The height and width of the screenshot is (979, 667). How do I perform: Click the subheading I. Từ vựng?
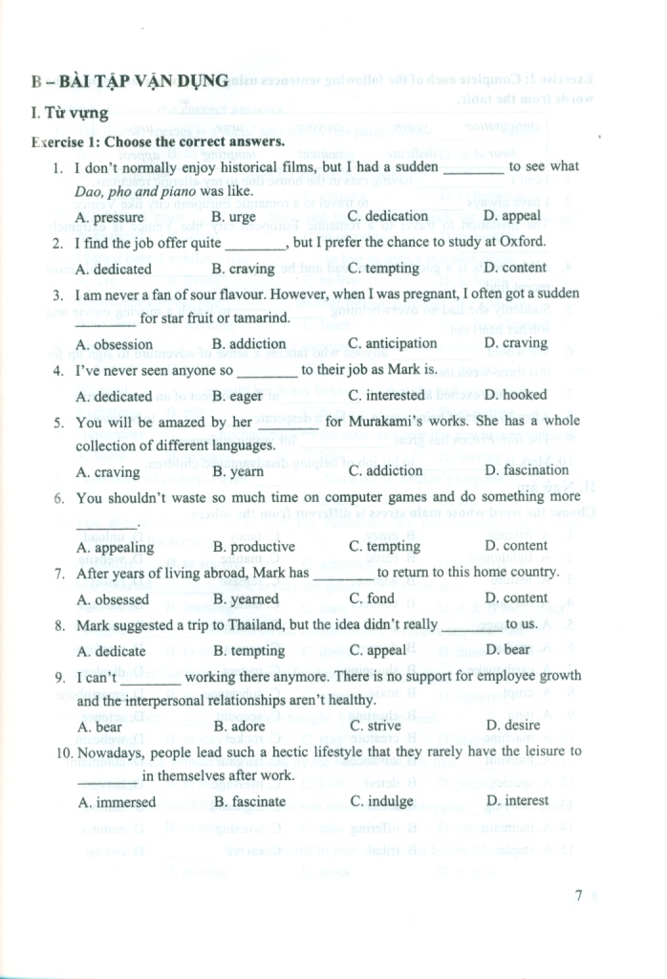(x=69, y=114)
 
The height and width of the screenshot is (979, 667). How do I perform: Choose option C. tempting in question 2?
(x=384, y=268)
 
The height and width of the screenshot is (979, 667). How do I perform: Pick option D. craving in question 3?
(x=516, y=342)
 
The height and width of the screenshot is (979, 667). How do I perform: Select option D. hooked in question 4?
(x=516, y=394)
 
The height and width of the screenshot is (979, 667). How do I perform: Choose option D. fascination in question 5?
(x=527, y=470)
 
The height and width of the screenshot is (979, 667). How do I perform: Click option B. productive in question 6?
(x=253, y=547)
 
